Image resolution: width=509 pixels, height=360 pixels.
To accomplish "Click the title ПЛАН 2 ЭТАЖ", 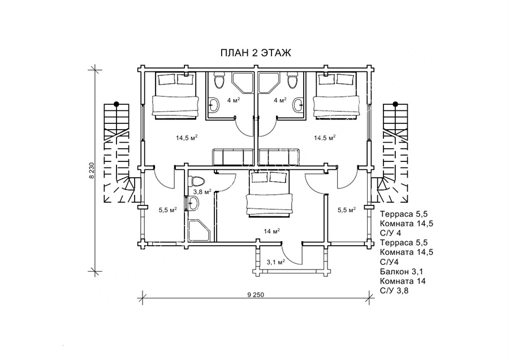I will [255, 53].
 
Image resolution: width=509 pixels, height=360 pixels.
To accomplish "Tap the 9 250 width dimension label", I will [256, 295].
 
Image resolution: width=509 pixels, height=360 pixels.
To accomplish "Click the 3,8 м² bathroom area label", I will [203, 191].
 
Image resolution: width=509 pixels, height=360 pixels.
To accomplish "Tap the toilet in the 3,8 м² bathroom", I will [196, 182].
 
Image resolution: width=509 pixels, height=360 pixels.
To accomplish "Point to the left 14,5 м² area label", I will [186, 138].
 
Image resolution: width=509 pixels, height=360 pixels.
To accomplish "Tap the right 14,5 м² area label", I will [325, 138].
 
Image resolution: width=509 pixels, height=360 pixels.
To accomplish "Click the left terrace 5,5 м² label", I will [168, 209].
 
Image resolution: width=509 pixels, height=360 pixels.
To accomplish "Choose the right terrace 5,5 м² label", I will [346, 209].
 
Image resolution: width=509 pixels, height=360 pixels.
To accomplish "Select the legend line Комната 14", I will [403, 281].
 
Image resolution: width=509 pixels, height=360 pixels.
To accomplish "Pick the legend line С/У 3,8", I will [395, 291].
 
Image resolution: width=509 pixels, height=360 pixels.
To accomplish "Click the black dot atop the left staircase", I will [117, 104].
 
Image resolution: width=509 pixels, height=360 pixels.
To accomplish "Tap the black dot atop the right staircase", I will [395, 104].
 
